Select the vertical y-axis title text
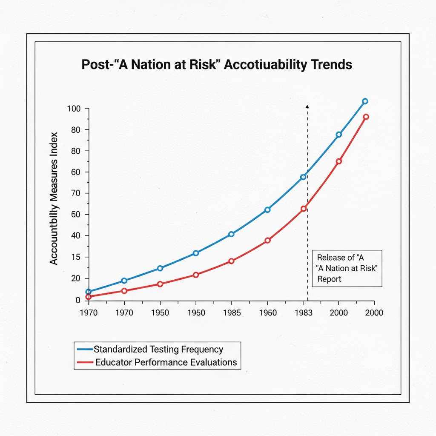pos(54,198)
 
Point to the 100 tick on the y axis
pos(74,109)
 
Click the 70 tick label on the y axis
pos(75,193)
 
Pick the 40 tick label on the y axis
pos(75,236)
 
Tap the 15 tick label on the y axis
pos(75,257)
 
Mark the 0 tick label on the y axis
pos(77,300)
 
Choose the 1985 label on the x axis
pos(232,313)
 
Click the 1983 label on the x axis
pos(304,313)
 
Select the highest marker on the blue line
pos(365,101)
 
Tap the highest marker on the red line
pos(366,117)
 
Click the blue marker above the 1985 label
pos(232,234)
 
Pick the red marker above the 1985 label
pos(232,261)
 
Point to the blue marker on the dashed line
pos(304,177)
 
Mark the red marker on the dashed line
pos(304,209)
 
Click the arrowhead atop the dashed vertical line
pos(307,106)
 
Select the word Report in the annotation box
pos(329,279)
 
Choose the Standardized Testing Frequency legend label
pos(158,350)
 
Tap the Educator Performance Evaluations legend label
pos(165,362)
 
